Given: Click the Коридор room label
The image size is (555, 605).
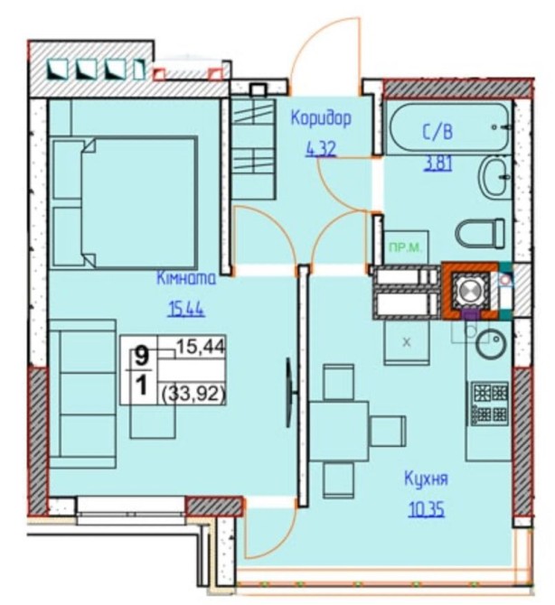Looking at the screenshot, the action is click(x=321, y=119).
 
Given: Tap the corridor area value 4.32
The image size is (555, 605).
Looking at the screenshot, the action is click(x=321, y=149).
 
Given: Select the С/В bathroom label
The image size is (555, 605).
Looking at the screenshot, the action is click(x=437, y=133).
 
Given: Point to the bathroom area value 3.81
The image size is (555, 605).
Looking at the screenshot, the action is click(x=438, y=164).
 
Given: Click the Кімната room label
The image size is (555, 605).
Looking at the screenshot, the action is click(x=186, y=278).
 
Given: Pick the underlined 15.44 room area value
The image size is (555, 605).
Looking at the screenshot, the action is click(x=186, y=309).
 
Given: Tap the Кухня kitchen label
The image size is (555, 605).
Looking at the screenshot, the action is click(x=426, y=479).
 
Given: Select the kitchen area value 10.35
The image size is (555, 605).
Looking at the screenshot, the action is click(x=427, y=509).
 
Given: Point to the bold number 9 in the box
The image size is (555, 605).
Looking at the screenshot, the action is click(x=142, y=356).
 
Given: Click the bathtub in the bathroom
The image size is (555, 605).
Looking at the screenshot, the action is click(x=448, y=127).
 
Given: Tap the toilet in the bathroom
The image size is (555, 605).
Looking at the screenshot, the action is click(x=480, y=233).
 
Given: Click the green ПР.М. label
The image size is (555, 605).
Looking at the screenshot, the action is click(x=404, y=247).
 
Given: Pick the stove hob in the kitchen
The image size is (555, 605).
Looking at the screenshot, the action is click(x=488, y=404).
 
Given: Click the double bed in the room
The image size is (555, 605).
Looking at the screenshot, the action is click(x=125, y=202).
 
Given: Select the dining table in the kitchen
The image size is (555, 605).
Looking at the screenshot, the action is click(x=339, y=431).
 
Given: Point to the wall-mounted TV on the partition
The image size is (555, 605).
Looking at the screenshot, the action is click(x=289, y=393).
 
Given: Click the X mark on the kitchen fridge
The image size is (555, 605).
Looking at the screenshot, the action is click(x=406, y=342).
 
